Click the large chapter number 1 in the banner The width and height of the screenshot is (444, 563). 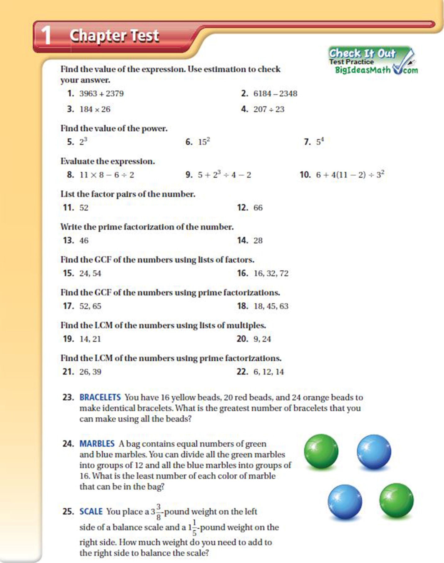(x=46, y=35)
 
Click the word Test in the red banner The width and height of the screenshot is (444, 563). (x=144, y=36)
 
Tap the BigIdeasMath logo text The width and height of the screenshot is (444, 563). (x=363, y=70)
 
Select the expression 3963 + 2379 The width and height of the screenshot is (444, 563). (x=102, y=94)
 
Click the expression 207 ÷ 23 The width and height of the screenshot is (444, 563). (x=269, y=109)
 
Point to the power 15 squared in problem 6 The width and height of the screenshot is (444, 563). (x=204, y=142)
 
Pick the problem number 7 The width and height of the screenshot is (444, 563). (x=307, y=142)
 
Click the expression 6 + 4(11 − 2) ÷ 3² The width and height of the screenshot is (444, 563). (x=350, y=175)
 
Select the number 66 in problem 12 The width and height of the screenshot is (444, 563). (x=258, y=208)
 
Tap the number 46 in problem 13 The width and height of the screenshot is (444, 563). (x=84, y=241)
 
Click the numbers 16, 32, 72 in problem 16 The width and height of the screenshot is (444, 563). (x=271, y=273)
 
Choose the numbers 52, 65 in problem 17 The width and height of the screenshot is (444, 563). (x=90, y=306)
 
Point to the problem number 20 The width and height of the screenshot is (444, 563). (x=242, y=339)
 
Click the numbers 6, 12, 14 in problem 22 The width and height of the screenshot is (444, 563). (x=269, y=372)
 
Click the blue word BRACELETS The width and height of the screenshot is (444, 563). (x=100, y=398)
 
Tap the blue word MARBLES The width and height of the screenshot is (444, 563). (x=97, y=444)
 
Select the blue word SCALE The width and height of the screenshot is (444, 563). (x=91, y=511)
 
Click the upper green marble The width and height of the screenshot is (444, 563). (x=321, y=451)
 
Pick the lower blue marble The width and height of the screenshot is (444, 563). (x=345, y=502)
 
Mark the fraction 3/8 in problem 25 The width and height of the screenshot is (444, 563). (x=159, y=512)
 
